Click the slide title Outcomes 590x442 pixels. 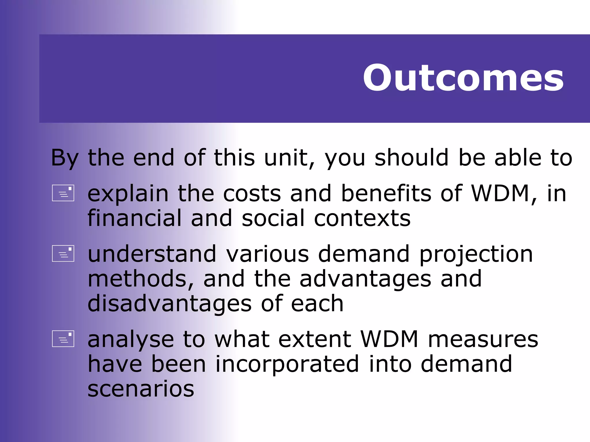coord(463,78)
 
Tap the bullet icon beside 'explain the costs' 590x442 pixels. coord(63,193)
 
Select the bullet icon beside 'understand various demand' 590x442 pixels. coord(63,254)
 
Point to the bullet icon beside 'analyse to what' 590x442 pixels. coord(63,339)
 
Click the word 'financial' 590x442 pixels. coord(135,218)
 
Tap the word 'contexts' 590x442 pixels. coord(362,218)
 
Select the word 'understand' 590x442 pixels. coord(152,254)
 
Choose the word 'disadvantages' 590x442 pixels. coord(169,304)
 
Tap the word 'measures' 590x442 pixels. coord(483,340)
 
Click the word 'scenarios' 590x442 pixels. coord(141,389)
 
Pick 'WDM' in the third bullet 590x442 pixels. coord(389,339)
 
